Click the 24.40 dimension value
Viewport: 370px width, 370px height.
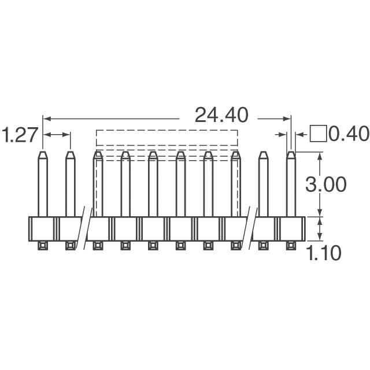tap(221, 115)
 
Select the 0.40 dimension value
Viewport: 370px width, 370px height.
tap(349, 134)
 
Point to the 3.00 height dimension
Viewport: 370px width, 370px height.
tap(327, 184)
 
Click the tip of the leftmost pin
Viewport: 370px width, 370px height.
tap(42, 154)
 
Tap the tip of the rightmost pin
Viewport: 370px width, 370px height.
tap(291, 154)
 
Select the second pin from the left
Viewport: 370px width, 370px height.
tap(70, 185)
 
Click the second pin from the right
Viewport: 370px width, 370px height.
tap(263, 185)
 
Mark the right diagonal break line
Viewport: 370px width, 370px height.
tap(250, 228)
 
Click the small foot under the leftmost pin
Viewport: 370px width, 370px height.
tap(42, 246)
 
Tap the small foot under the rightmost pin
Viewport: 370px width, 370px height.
tap(291, 246)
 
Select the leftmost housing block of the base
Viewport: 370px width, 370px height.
tap(42, 228)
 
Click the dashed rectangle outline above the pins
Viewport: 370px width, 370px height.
tap(166, 138)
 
